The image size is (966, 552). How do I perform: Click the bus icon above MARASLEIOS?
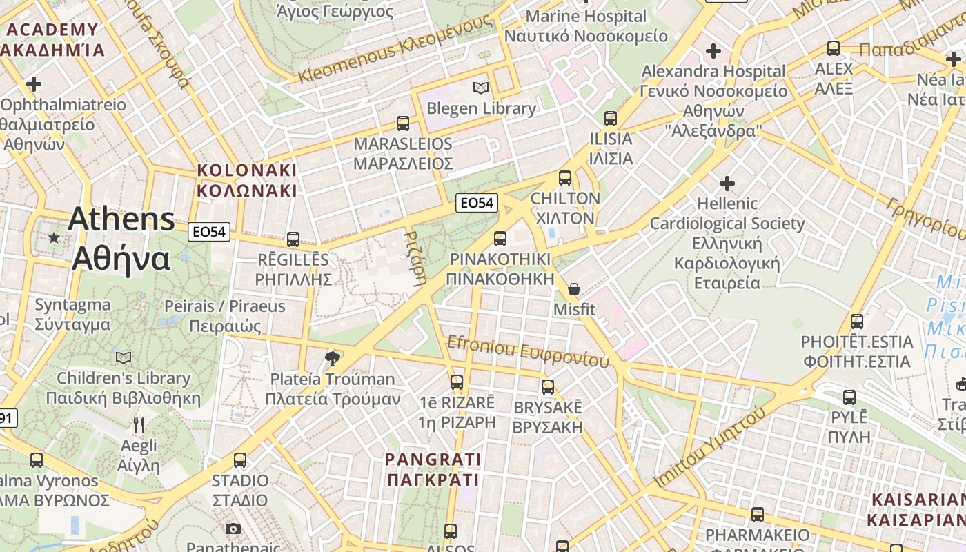403,124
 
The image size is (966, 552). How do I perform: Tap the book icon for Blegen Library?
481,88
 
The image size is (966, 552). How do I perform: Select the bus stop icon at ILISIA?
610,119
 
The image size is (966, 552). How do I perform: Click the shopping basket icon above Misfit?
574,289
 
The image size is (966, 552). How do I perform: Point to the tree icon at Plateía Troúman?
332,358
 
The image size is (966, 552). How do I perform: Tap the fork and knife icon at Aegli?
139,424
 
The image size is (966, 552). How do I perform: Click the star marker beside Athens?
54,238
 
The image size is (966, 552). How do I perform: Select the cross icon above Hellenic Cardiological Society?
727,184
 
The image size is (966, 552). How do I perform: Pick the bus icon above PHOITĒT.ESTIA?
856,322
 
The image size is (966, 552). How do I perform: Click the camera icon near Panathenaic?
233,529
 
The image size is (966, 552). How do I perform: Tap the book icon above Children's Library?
124,357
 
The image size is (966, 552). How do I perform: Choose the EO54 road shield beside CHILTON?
477,203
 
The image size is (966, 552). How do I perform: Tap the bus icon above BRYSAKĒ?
548,386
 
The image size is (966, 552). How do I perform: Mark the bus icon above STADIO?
240,460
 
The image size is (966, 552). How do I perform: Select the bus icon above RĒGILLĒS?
293,239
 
